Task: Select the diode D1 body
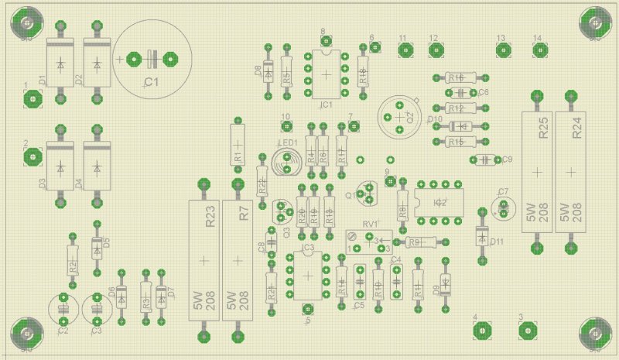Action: tap(59, 63)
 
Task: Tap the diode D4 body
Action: tap(97, 166)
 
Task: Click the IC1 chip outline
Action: tap(326, 74)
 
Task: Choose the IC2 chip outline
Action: tap(439, 203)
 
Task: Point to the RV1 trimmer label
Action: tap(368, 225)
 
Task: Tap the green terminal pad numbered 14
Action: tap(539, 51)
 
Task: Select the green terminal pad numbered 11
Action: tap(403, 51)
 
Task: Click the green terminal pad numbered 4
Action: tap(483, 331)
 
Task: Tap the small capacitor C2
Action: tap(63, 308)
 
